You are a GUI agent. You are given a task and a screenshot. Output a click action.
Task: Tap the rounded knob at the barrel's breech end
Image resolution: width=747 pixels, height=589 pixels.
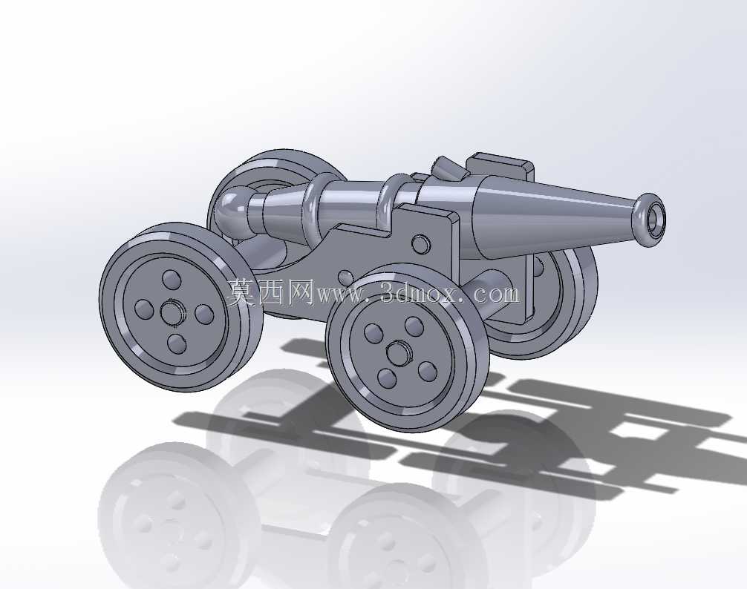coord(231,211)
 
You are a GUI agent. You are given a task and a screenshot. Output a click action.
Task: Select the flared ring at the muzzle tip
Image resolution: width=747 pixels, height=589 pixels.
coord(648,220)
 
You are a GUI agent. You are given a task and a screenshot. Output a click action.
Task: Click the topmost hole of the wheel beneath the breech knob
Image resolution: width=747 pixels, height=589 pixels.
coord(170,279)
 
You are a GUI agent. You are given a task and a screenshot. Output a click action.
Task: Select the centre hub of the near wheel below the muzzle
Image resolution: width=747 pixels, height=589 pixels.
coord(399,355)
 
